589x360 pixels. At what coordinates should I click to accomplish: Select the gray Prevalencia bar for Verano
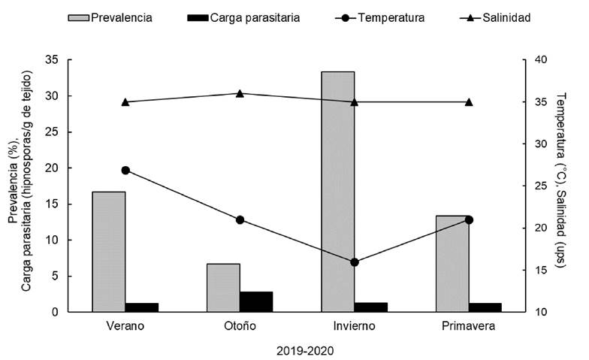pos(109,252)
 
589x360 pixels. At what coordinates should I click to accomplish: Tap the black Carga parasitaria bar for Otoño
pos(256,301)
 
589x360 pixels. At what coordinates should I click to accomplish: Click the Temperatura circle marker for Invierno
pos(355,262)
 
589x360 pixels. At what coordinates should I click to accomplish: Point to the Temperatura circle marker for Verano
pos(125,171)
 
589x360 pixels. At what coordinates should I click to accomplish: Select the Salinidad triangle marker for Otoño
pos(240,93)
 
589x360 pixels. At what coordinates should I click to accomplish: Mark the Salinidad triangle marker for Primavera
pos(469,101)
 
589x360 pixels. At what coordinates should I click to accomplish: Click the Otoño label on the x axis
pos(240,327)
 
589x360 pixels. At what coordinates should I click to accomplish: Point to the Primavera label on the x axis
pos(469,327)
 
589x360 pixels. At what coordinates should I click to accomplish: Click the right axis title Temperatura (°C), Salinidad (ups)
pos(564,186)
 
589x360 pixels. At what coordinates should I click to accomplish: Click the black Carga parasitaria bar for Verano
pos(142,307)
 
